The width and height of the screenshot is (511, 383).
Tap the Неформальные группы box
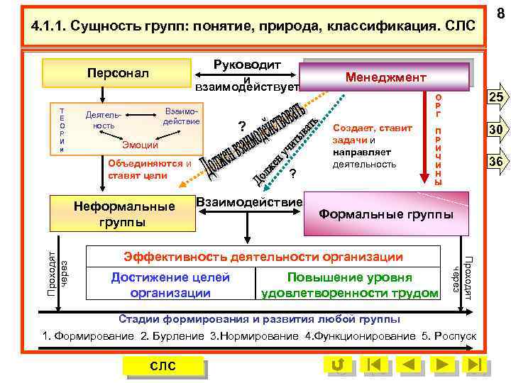(124, 213)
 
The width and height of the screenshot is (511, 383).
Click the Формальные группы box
(386, 213)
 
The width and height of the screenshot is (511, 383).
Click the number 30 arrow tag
(495, 130)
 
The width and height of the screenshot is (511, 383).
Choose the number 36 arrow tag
(495, 162)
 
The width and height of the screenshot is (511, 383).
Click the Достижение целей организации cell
(170, 284)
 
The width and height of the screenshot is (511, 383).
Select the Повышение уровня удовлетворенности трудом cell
(349, 284)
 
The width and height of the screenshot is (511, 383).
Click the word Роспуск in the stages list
(457, 335)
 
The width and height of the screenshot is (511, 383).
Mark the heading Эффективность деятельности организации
(263, 256)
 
